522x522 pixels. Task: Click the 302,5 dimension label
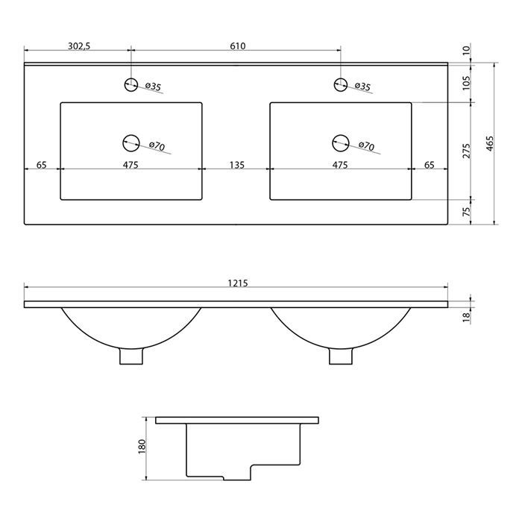click(79, 46)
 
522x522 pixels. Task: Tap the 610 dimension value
click(238, 46)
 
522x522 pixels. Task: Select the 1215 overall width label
click(238, 283)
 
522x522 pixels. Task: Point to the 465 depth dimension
click(490, 144)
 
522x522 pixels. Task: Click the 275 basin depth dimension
click(467, 151)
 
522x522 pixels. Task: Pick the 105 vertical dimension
click(467, 82)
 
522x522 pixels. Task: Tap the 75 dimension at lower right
click(467, 211)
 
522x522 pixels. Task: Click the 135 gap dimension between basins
click(237, 165)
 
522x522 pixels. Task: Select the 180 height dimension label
click(142, 446)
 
